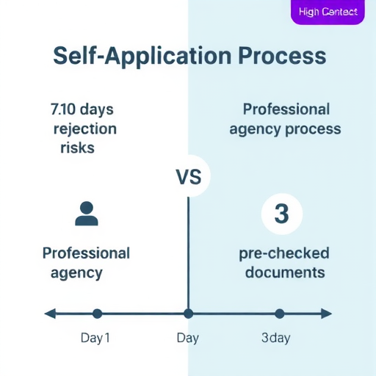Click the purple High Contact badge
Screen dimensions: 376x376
[328, 12]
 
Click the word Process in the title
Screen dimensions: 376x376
[282, 56]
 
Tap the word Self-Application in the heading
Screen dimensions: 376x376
[142, 57]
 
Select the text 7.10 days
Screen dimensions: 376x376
[82, 109]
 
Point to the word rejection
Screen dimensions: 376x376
[85, 129]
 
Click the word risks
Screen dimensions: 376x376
[77, 148]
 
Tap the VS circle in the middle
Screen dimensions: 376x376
[189, 176]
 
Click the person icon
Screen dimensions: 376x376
[87, 214]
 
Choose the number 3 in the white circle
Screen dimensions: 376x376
[282, 214]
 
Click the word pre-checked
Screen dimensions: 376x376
[284, 253]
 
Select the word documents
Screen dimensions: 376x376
[285, 272]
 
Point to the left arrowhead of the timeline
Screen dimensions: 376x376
[50, 314]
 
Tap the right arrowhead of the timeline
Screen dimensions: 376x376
[326, 314]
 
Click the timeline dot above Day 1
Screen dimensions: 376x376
[97, 314]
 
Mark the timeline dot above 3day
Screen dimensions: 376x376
[280, 314]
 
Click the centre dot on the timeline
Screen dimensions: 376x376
[188, 314]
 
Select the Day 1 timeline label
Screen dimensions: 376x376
[95, 338]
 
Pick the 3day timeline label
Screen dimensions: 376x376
[276, 338]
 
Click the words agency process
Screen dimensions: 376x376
[285, 129]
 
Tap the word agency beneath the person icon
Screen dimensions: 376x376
[76, 273]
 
